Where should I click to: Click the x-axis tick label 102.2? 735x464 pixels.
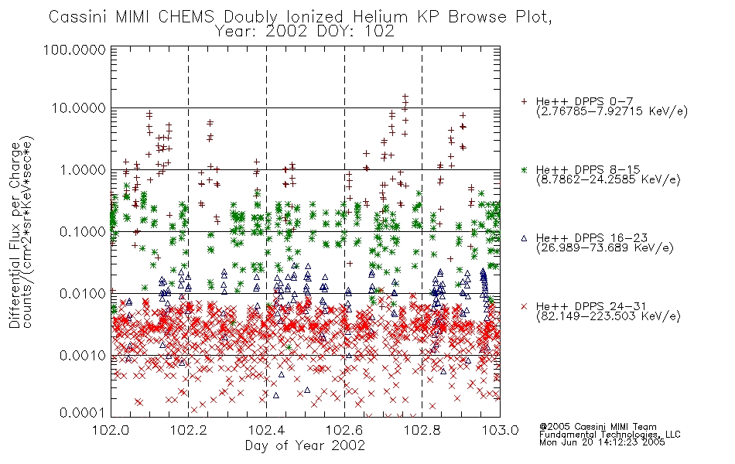coord(189,430)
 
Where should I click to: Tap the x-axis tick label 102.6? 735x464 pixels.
coord(344,430)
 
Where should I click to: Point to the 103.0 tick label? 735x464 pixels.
coord(500,430)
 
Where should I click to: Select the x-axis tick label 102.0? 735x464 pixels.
coord(111,430)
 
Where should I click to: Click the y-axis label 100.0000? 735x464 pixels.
coord(75,49)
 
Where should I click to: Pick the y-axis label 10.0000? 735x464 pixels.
coord(79,108)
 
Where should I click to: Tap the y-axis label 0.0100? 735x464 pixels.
coord(83,294)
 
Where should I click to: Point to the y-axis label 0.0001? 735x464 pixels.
coord(83,413)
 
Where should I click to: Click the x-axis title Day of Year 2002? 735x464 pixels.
coord(305,445)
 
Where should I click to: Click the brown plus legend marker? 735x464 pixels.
coord(524,101)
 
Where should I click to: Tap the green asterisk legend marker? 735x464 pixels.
coord(524,169)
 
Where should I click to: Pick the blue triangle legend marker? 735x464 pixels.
coord(524,238)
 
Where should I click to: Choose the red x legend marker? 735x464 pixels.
coord(524,306)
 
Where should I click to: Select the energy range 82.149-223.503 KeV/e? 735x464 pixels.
coord(608,316)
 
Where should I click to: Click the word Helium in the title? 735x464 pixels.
coord(380,17)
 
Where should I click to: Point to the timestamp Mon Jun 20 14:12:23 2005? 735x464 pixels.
coord(602,442)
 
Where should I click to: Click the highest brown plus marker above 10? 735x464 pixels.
coord(405,97)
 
